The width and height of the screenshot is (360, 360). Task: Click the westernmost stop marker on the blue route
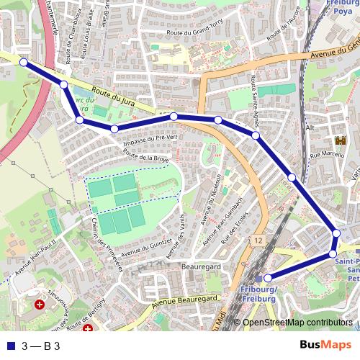point(23,63)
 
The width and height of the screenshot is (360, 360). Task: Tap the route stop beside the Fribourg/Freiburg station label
point(267,278)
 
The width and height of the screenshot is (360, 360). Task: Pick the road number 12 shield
point(258,238)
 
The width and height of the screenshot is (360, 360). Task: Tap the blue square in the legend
point(10,346)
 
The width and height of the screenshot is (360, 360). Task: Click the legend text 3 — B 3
point(41,346)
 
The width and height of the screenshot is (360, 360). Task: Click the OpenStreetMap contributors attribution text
point(297,323)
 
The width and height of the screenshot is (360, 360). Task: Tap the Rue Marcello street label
point(324,154)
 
